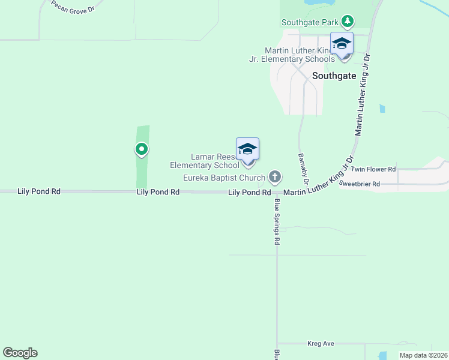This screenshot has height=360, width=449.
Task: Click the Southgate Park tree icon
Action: pyautogui.click(x=347, y=22)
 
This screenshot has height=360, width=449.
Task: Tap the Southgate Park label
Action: pyautogui.click(x=310, y=22)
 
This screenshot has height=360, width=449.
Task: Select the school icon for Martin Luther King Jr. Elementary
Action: pyautogui.click(x=342, y=44)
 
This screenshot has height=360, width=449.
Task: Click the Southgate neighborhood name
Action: pyautogui.click(x=334, y=76)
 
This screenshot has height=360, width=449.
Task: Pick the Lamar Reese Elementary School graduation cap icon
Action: pyautogui.click(x=247, y=149)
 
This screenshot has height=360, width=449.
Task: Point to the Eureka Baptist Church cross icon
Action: pyautogui.click(x=275, y=177)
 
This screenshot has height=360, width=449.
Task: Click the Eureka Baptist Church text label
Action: pyautogui.click(x=224, y=178)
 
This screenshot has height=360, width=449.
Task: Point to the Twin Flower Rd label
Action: pyautogui.click(x=373, y=170)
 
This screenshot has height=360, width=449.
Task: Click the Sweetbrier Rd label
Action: pyautogui.click(x=360, y=184)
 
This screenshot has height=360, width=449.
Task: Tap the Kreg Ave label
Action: pyautogui.click(x=320, y=344)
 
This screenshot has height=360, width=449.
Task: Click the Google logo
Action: pyautogui.click(x=20, y=353)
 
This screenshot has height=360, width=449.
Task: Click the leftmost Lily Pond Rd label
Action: pyautogui.click(x=39, y=191)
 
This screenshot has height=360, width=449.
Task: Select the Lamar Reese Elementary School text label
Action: pyautogui.click(x=204, y=161)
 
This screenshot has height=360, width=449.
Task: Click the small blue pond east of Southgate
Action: pyautogui.click(x=382, y=109)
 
